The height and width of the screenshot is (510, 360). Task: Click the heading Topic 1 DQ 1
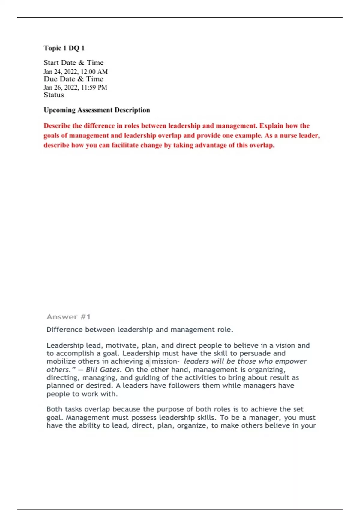(64, 48)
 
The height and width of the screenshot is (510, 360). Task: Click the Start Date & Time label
(73, 63)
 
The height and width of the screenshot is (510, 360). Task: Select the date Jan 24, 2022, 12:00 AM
(76, 72)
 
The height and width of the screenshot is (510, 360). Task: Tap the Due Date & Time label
(73, 79)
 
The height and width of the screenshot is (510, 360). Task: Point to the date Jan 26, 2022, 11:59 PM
(75, 88)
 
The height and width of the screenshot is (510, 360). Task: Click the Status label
(54, 95)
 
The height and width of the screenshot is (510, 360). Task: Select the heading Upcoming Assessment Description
(97, 110)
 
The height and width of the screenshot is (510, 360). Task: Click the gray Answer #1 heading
(68, 317)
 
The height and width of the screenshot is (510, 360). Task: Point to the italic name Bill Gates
(103, 370)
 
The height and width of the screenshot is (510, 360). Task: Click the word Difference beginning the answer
(64, 330)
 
